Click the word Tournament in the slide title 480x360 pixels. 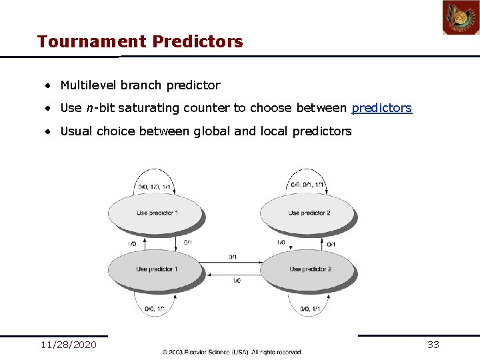click(92, 42)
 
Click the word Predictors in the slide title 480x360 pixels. click(197, 42)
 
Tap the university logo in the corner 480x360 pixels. click(461, 18)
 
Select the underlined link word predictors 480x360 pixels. click(381, 108)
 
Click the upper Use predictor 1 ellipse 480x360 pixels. click(157, 213)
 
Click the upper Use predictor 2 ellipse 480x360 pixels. click(308, 213)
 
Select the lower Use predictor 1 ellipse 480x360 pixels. click(157, 269)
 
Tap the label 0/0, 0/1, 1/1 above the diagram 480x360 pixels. click(307, 185)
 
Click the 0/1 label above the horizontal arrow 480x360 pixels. click(233, 257)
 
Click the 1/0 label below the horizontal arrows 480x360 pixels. click(237, 281)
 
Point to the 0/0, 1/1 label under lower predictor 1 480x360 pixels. click(155, 309)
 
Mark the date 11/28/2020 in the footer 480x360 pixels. click(69, 345)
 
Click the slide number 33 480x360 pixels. click(433, 345)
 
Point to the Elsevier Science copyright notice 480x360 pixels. click(231, 352)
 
